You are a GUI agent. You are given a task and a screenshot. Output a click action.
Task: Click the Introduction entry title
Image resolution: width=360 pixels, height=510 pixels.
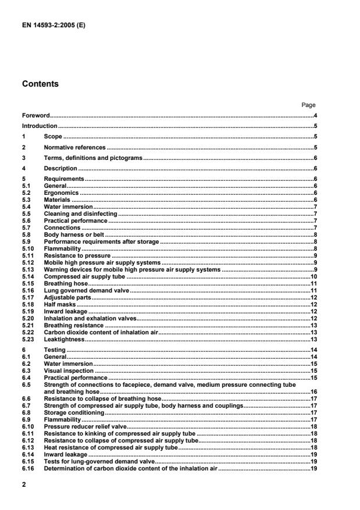[40, 126]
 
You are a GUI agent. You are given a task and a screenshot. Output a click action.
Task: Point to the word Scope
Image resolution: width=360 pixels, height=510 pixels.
[53, 136]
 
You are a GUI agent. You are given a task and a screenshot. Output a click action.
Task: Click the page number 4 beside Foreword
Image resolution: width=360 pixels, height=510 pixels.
[315, 116]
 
